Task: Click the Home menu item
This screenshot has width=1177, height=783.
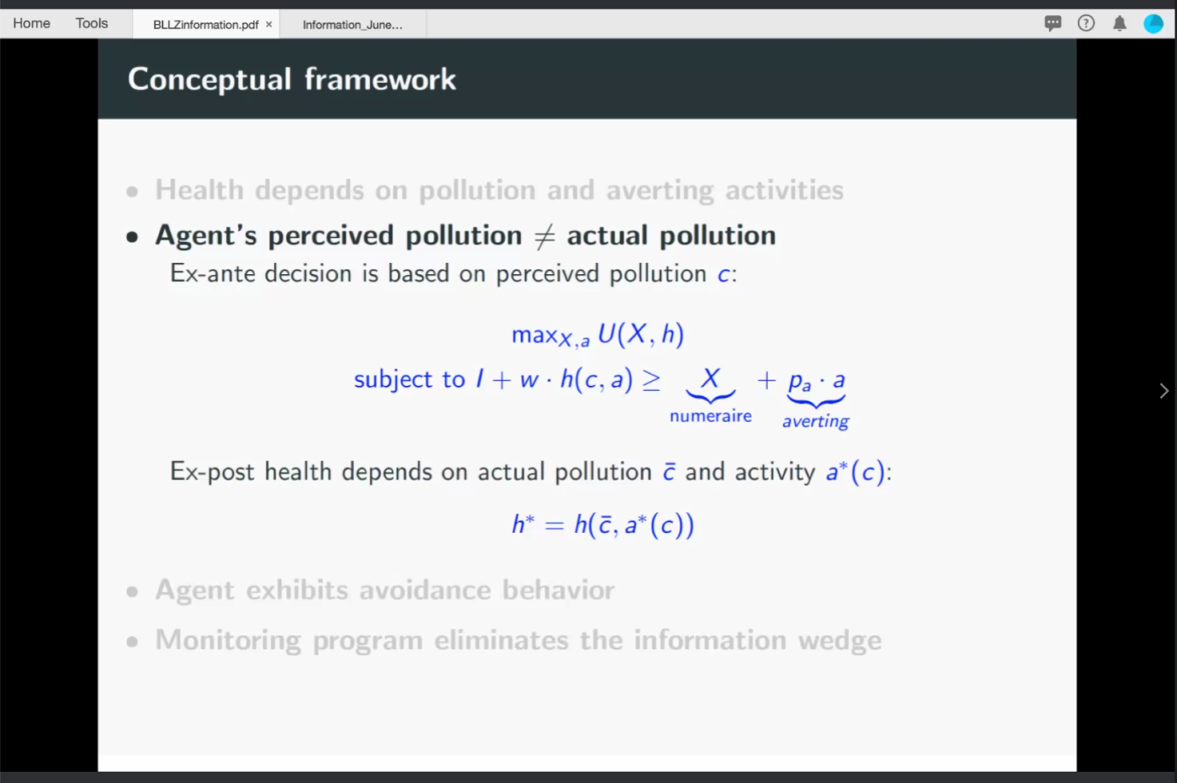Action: pos(32,23)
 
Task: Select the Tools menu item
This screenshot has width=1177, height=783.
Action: pos(91,23)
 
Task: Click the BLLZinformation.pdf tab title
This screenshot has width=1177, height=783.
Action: pos(206,25)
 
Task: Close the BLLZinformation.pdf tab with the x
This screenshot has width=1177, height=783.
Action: pos(269,24)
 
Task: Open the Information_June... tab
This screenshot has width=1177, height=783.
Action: pos(353,25)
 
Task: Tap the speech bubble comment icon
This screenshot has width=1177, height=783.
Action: pos(1052,23)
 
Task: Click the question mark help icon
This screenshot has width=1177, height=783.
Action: pos(1086,23)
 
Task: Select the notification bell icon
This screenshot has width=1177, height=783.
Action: pos(1120,23)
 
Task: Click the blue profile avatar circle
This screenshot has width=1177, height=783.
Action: pos(1153,24)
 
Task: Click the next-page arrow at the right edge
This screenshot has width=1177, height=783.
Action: pos(1164,391)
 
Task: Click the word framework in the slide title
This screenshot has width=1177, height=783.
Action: pos(380,79)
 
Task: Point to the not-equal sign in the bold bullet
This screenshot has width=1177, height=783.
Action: pos(544,236)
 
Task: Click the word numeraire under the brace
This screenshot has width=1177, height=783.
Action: pos(711,416)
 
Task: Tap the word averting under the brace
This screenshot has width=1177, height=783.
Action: pos(816,421)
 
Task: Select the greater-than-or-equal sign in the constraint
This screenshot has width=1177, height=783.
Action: pos(652,379)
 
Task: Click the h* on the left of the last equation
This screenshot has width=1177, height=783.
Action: pos(524,523)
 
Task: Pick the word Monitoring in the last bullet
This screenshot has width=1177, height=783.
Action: pos(228,640)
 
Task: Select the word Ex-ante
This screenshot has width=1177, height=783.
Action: pos(213,273)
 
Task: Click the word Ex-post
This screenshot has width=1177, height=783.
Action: pos(213,471)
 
